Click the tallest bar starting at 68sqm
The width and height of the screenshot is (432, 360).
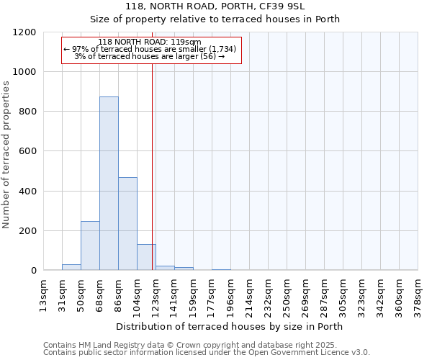point(109,184)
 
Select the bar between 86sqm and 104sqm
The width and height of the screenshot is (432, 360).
point(127,223)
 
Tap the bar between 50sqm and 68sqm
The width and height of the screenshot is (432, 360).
point(90,246)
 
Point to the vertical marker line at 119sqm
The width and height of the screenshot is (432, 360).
point(153,166)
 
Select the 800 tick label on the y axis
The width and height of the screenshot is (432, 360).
point(28,112)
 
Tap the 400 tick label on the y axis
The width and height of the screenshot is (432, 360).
point(28,192)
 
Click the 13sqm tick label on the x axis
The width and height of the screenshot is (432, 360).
point(44,292)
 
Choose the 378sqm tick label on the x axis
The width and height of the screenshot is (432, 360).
point(418,292)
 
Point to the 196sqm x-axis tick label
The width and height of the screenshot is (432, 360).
point(230,292)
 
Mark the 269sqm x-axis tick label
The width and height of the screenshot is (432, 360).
point(305,292)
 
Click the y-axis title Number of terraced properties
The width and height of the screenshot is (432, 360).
point(6,155)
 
